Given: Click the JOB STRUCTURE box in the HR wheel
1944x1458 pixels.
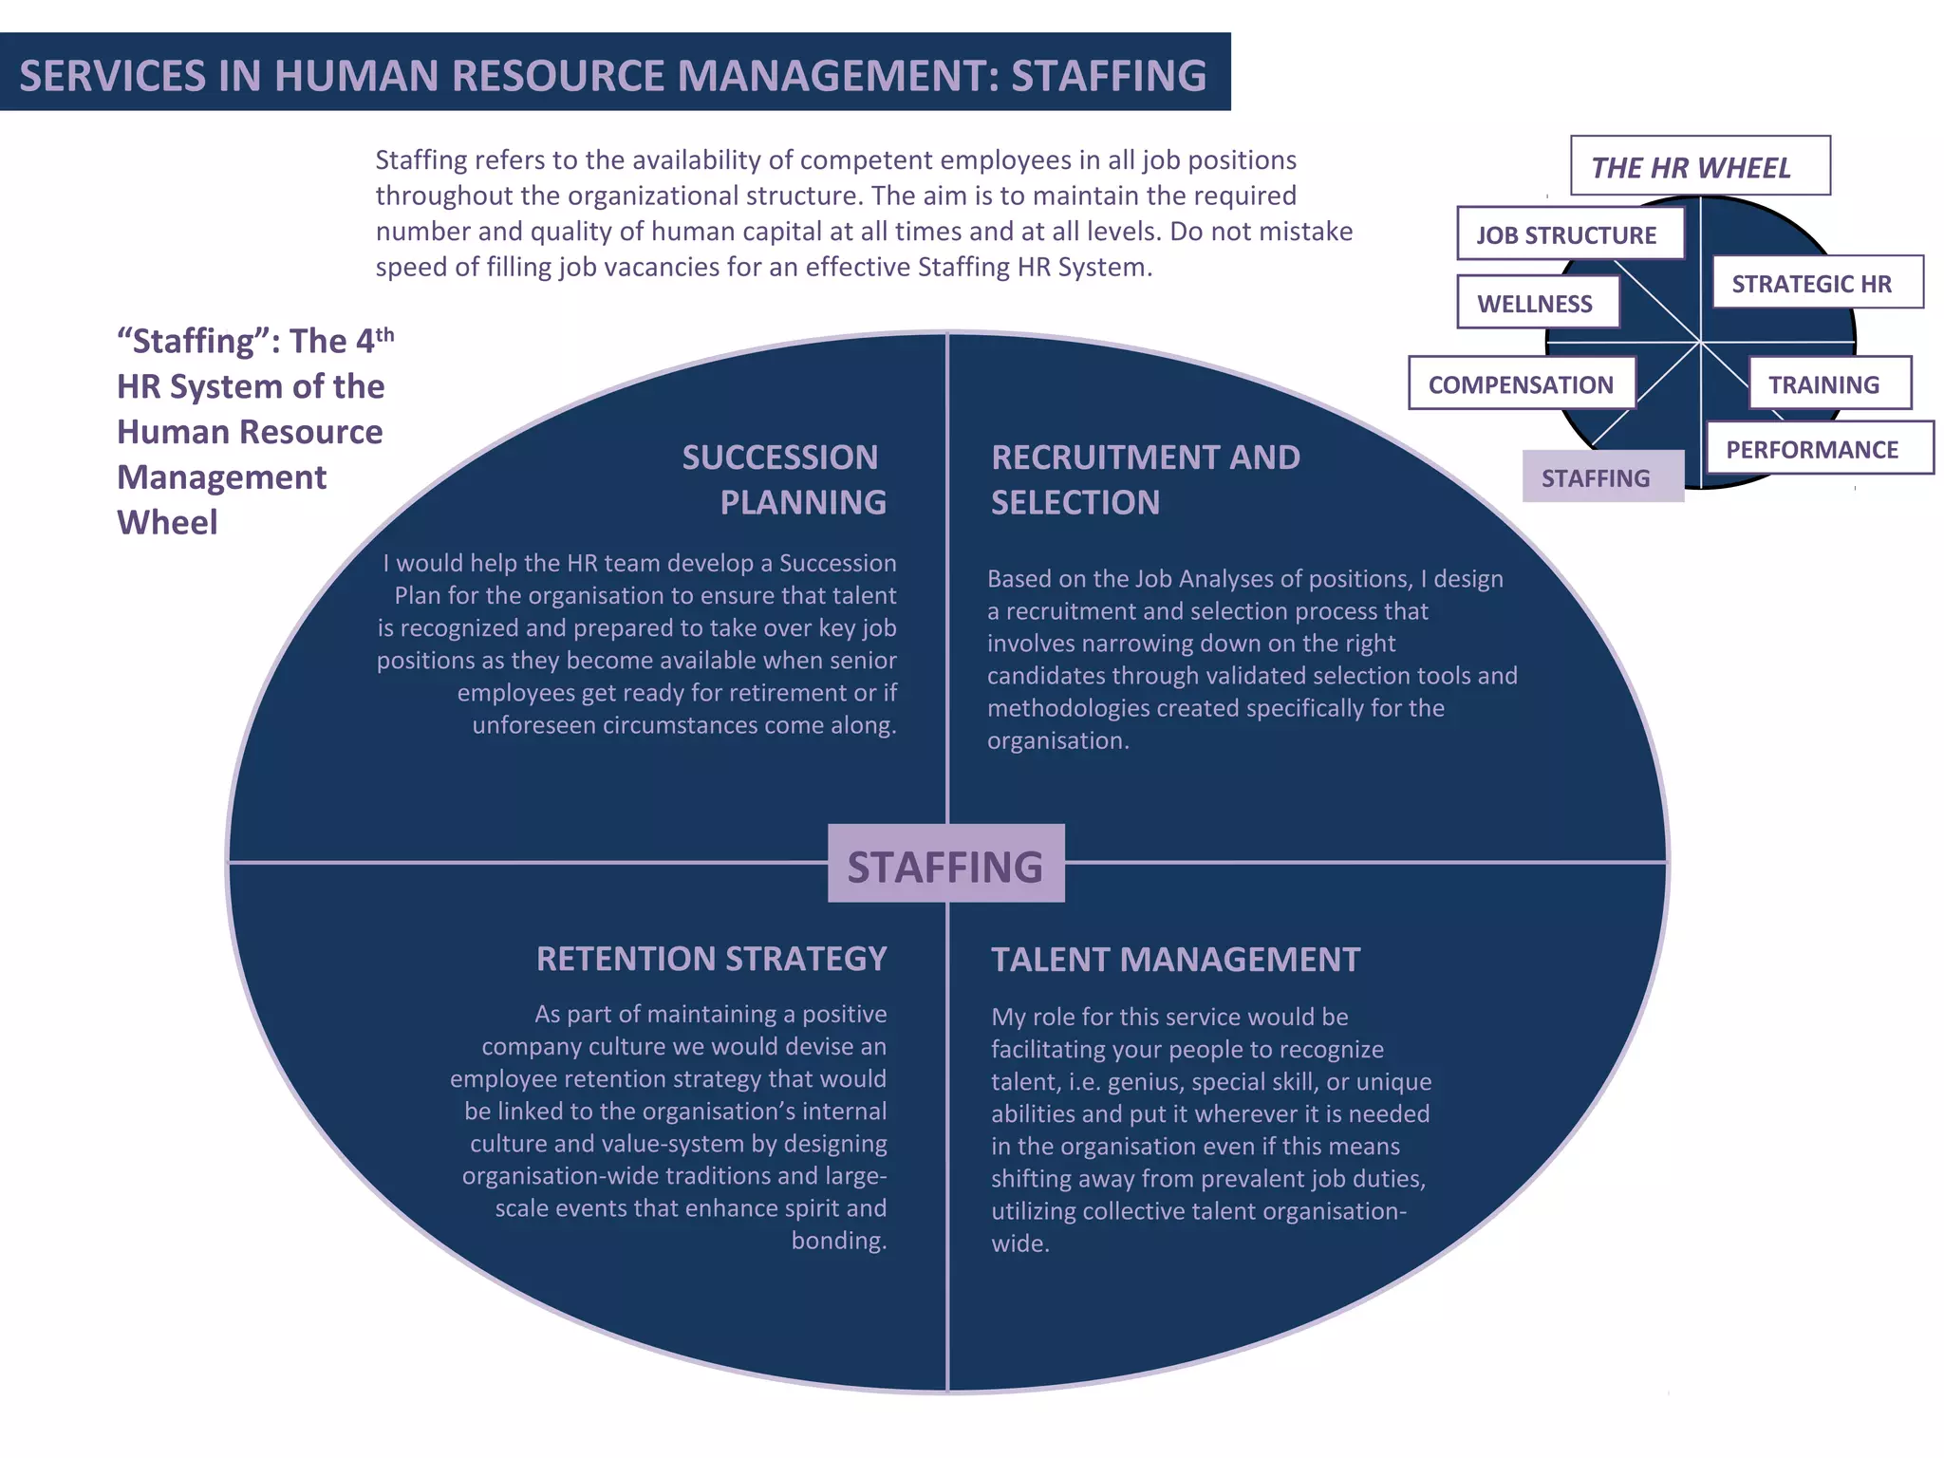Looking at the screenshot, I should pyautogui.click(x=1570, y=234).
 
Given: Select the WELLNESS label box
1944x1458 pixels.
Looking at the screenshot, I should pyautogui.click(x=1538, y=303).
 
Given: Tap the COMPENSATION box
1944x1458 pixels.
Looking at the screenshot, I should pyautogui.click(x=1522, y=383).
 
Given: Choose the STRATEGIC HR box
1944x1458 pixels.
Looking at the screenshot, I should pyautogui.click(x=1817, y=283).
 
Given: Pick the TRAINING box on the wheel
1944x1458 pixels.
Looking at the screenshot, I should pyautogui.click(x=1829, y=383).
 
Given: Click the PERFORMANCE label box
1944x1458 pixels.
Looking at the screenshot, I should pyautogui.click(x=1818, y=448).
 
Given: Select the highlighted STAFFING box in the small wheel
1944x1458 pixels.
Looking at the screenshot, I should pyautogui.click(x=1602, y=477).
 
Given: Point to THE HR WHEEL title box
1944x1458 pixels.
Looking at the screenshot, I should pyautogui.click(x=1699, y=167).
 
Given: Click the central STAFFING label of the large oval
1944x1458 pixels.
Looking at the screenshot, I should pyautogui.click(x=945, y=865).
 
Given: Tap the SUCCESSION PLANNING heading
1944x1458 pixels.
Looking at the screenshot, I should pyautogui.click(x=784, y=479).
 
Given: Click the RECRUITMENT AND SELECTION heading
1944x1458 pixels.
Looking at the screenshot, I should pyautogui.click(x=1145, y=479).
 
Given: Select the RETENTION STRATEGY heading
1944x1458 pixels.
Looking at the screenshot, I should pyautogui.click(x=711, y=959).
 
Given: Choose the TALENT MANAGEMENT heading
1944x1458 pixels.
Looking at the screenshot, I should pyautogui.click(x=1175, y=960).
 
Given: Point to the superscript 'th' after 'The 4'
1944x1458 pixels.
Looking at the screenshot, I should pyautogui.click(x=384, y=333).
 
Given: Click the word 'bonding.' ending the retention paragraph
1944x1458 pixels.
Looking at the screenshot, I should pyautogui.click(x=839, y=1241).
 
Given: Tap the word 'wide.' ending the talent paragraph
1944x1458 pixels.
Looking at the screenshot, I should pyautogui.click(x=1020, y=1243).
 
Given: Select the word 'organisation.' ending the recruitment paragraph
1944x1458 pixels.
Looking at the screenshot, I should pyautogui.click(x=1058, y=740).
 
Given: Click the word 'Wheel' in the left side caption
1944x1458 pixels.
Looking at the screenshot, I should pyautogui.click(x=167, y=522).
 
